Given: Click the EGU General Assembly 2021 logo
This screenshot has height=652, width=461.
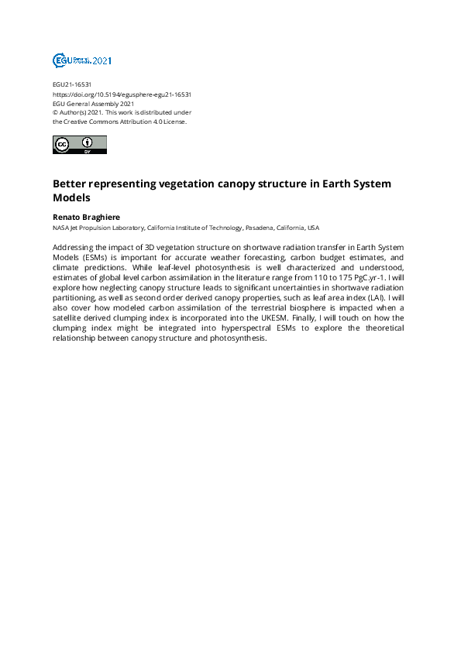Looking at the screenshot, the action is coord(81,60).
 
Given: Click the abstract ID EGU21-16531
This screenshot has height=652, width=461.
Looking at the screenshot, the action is coord(72,84).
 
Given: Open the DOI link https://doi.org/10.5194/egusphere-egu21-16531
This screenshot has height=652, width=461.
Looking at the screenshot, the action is coord(122,94).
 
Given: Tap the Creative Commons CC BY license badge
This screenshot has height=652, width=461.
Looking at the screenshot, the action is coord(79,145).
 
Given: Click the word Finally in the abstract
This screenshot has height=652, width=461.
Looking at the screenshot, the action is coord(334,317).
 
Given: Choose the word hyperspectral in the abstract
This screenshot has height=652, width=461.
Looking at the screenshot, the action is coord(227,327).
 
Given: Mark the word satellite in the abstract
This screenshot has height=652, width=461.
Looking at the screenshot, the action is coord(71,317).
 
